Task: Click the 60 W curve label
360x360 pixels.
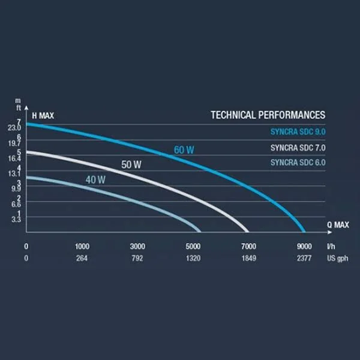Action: pos(184,150)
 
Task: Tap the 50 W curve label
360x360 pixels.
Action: pos(131,164)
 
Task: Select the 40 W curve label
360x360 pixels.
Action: pos(95,180)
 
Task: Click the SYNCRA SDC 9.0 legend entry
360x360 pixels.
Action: pos(298,132)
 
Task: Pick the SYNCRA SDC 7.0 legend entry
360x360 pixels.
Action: pos(298,148)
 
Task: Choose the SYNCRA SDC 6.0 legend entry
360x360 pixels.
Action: pos(298,163)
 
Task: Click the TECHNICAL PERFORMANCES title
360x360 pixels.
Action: pos(268,115)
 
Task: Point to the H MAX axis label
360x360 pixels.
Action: pos(43,115)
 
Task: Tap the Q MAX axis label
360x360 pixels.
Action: pos(338,225)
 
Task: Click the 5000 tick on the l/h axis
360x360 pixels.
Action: pos(193,247)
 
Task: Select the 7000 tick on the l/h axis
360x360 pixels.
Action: pos(248,247)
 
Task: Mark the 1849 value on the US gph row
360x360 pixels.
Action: pos(249,258)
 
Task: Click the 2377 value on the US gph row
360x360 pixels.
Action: pos(304,258)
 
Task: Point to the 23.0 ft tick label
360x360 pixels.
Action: pos(14,128)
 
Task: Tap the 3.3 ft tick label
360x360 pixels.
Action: pos(16,220)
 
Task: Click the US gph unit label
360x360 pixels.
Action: pos(337,259)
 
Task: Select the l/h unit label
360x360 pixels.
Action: pos(331,247)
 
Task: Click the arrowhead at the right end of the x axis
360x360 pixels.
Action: pos(330,232)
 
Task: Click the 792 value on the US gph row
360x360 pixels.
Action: pos(137,258)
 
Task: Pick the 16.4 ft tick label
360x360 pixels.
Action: pos(14,158)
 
